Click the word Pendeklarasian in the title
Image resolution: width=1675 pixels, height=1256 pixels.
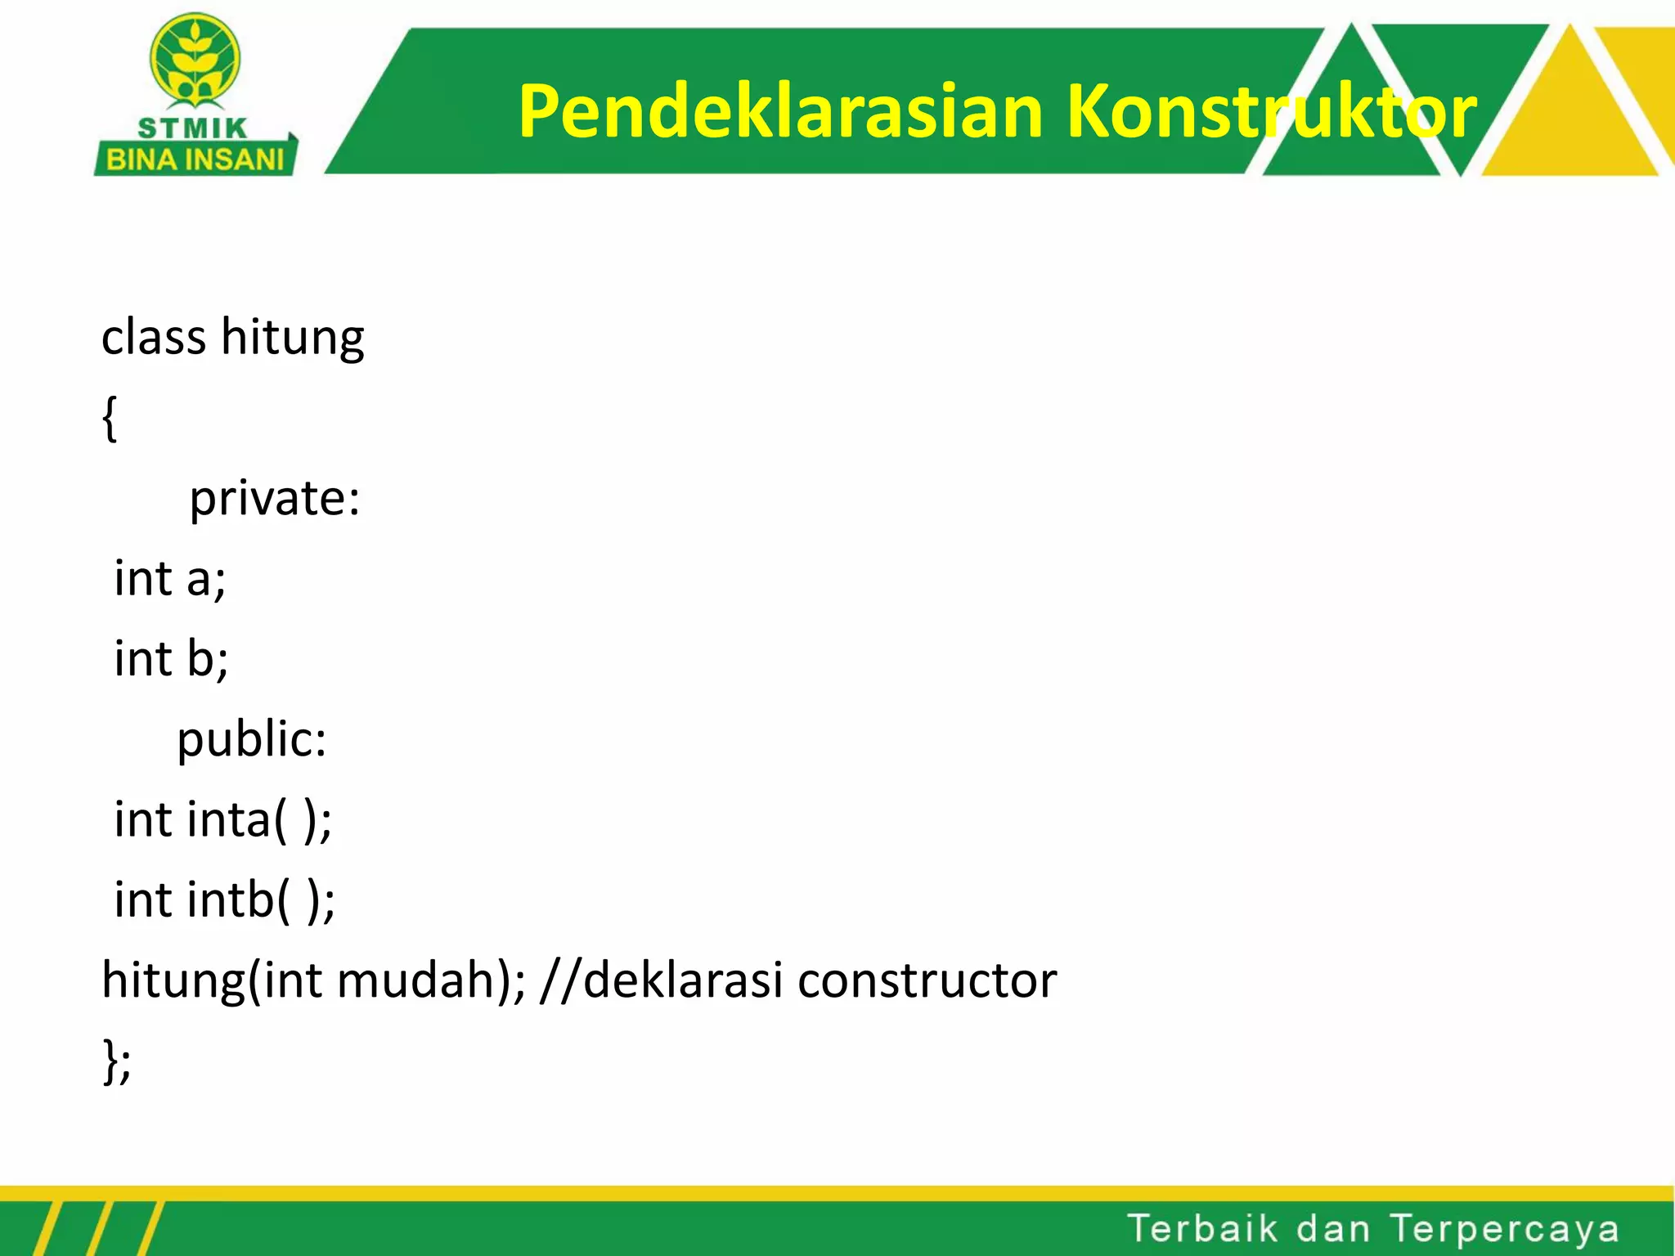click(781, 112)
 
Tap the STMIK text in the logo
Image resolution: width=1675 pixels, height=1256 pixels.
click(192, 128)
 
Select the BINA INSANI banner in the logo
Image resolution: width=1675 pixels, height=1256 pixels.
click(195, 159)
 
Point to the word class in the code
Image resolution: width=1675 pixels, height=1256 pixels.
click(153, 337)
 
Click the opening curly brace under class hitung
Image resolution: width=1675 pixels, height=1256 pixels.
click(110, 419)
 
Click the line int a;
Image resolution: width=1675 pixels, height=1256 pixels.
click(170, 578)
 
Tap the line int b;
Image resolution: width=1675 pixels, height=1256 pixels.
click(171, 658)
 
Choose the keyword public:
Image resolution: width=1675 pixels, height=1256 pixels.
click(252, 739)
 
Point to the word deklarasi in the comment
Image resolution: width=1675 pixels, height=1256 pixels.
click(684, 980)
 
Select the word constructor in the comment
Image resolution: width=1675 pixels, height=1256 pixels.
click(927, 980)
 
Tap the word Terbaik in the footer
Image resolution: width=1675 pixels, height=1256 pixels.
click(1201, 1229)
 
